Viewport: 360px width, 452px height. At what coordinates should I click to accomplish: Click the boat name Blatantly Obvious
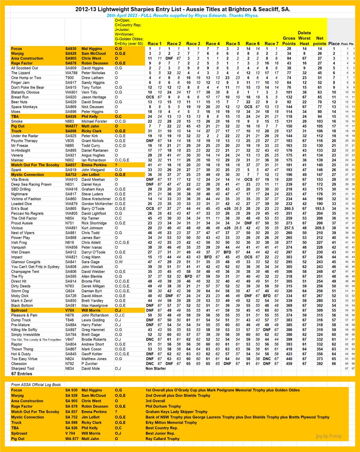pyautogui.click(x=25, y=92)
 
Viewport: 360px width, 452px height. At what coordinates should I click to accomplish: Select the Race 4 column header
pyautogui.click(x=213, y=44)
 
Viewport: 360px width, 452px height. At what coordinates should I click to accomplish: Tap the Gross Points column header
pyautogui.click(x=289, y=41)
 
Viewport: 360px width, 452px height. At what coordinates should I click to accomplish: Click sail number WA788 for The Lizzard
pyautogui.click(x=71, y=73)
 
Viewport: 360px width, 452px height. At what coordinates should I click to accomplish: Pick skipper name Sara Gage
pyautogui.click(x=90, y=262)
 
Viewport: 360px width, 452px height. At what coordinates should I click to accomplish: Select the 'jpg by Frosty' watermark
pyautogui.click(x=328, y=436)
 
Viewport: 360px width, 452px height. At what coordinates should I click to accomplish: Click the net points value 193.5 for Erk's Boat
pyautogui.click(x=320, y=209)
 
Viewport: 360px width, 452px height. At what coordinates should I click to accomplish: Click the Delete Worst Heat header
pyautogui.click(x=304, y=38)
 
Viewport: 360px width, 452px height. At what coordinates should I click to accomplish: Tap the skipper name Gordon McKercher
pyautogui.click(x=96, y=204)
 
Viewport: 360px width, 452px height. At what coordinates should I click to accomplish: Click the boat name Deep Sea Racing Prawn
pyautogui.click(x=31, y=184)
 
